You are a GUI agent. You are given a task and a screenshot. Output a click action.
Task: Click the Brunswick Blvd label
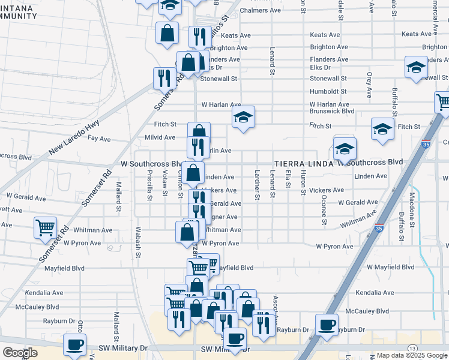[332, 111]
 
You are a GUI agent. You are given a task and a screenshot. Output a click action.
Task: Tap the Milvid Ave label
[161, 137]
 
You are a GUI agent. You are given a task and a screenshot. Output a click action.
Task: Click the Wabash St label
[137, 246]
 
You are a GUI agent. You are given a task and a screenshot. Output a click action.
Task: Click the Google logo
[20, 353]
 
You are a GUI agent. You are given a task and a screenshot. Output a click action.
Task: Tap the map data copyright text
[411, 355]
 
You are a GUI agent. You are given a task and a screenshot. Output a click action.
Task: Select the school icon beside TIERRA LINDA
[345, 148]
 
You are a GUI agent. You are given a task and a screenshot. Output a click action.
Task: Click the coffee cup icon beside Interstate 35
[327, 325]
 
